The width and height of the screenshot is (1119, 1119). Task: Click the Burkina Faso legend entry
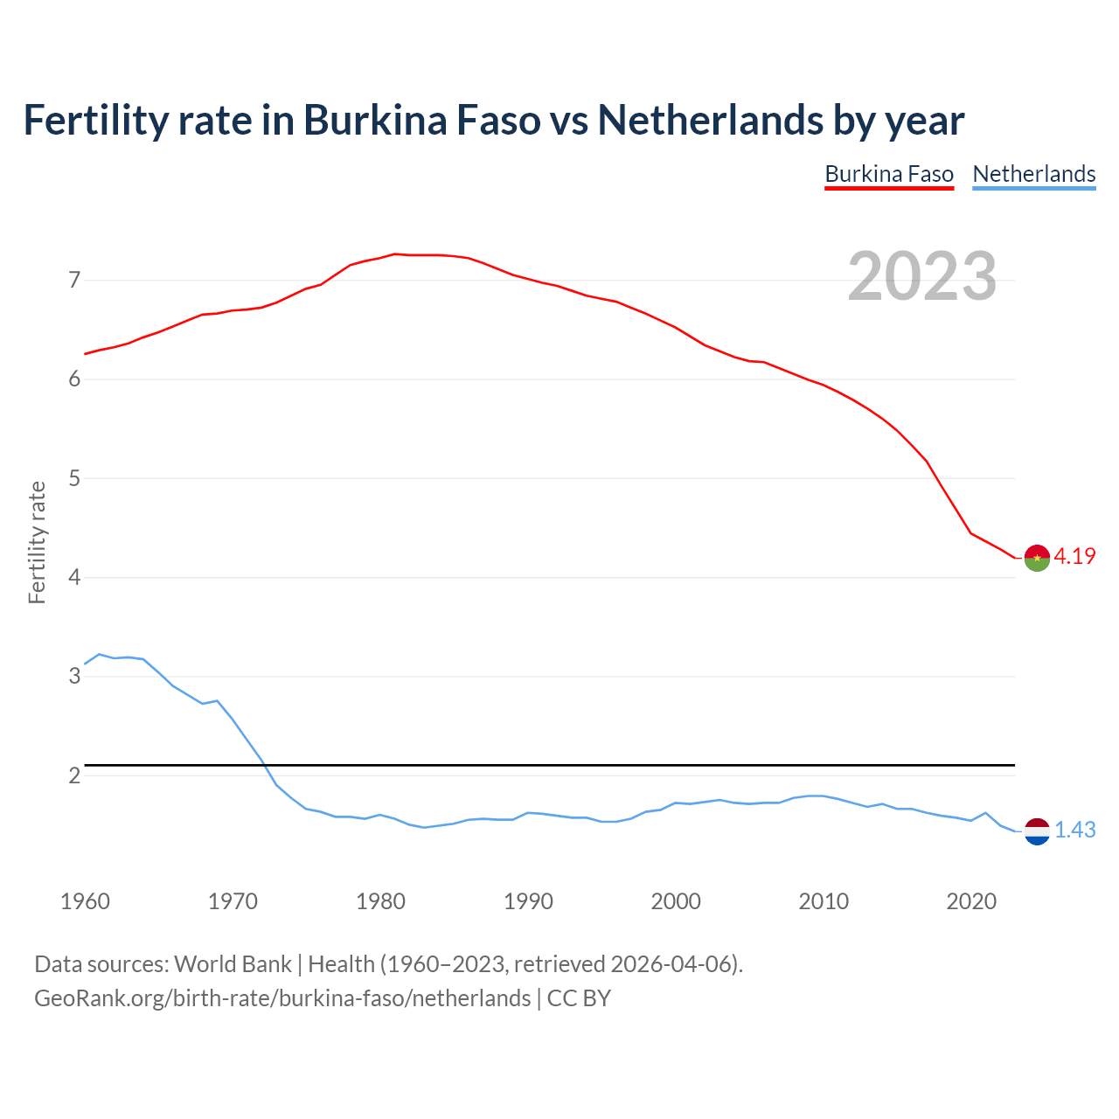pos(889,174)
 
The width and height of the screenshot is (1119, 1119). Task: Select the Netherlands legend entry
pos(1033,174)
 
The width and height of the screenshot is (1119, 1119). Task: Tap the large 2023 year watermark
pos(922,276)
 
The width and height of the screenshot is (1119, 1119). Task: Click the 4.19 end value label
pos(1074,556)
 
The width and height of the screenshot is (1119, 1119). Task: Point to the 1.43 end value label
pos(1074,830)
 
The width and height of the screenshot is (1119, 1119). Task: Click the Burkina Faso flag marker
pos(1037,558)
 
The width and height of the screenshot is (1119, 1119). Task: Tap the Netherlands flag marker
pos(1037,831)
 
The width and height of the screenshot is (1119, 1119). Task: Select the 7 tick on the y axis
pos(74,281)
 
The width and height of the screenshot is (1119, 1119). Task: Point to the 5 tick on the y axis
pos(74,478)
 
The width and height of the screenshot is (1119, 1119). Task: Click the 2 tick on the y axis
pos(74,775)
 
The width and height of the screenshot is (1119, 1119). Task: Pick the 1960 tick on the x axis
pos(85,901)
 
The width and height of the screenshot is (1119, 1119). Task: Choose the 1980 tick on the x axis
pos(380,901)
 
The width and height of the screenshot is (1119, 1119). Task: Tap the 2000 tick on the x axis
pos(676,901)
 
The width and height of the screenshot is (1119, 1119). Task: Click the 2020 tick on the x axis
pos(971,901)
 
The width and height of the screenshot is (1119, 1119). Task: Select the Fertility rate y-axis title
pos(37,542)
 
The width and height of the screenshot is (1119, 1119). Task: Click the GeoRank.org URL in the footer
pos(281,998)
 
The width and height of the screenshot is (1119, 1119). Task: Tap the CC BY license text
pos(579,998)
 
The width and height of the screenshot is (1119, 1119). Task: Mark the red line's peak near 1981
pos(394,254)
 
